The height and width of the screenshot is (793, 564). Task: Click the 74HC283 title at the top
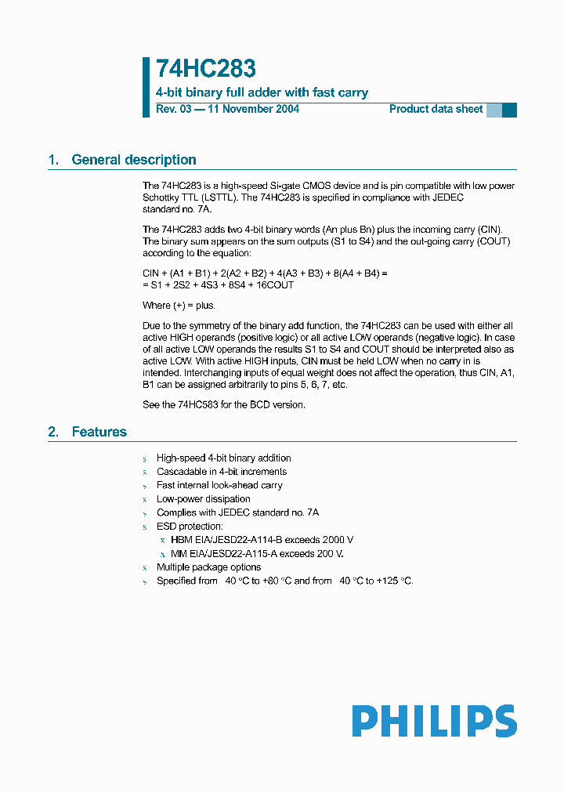click(205, 70)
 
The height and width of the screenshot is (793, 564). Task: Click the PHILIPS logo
click(434, 721)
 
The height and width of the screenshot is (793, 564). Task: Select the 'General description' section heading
click(134, 160)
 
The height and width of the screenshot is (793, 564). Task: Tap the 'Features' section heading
click(99, 432)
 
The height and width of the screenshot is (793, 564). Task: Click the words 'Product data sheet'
click(436, 109)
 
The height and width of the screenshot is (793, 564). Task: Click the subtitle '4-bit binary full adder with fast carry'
click(262, 92)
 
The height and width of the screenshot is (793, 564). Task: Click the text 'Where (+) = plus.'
click(179, 305)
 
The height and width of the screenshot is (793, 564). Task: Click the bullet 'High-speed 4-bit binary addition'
click(223, 458)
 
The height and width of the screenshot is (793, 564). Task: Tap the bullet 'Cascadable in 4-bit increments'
click(222, 472)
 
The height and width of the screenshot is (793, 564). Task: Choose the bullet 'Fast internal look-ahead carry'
click(219, 485)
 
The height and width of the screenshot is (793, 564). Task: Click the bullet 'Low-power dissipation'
click(204, 499)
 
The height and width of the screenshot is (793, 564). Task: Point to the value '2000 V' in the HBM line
click(338, 540)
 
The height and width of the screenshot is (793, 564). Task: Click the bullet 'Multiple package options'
click(208, 567)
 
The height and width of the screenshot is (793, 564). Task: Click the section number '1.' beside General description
click(53, 160)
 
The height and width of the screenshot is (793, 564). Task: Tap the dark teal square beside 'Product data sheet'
click(509, 110)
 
